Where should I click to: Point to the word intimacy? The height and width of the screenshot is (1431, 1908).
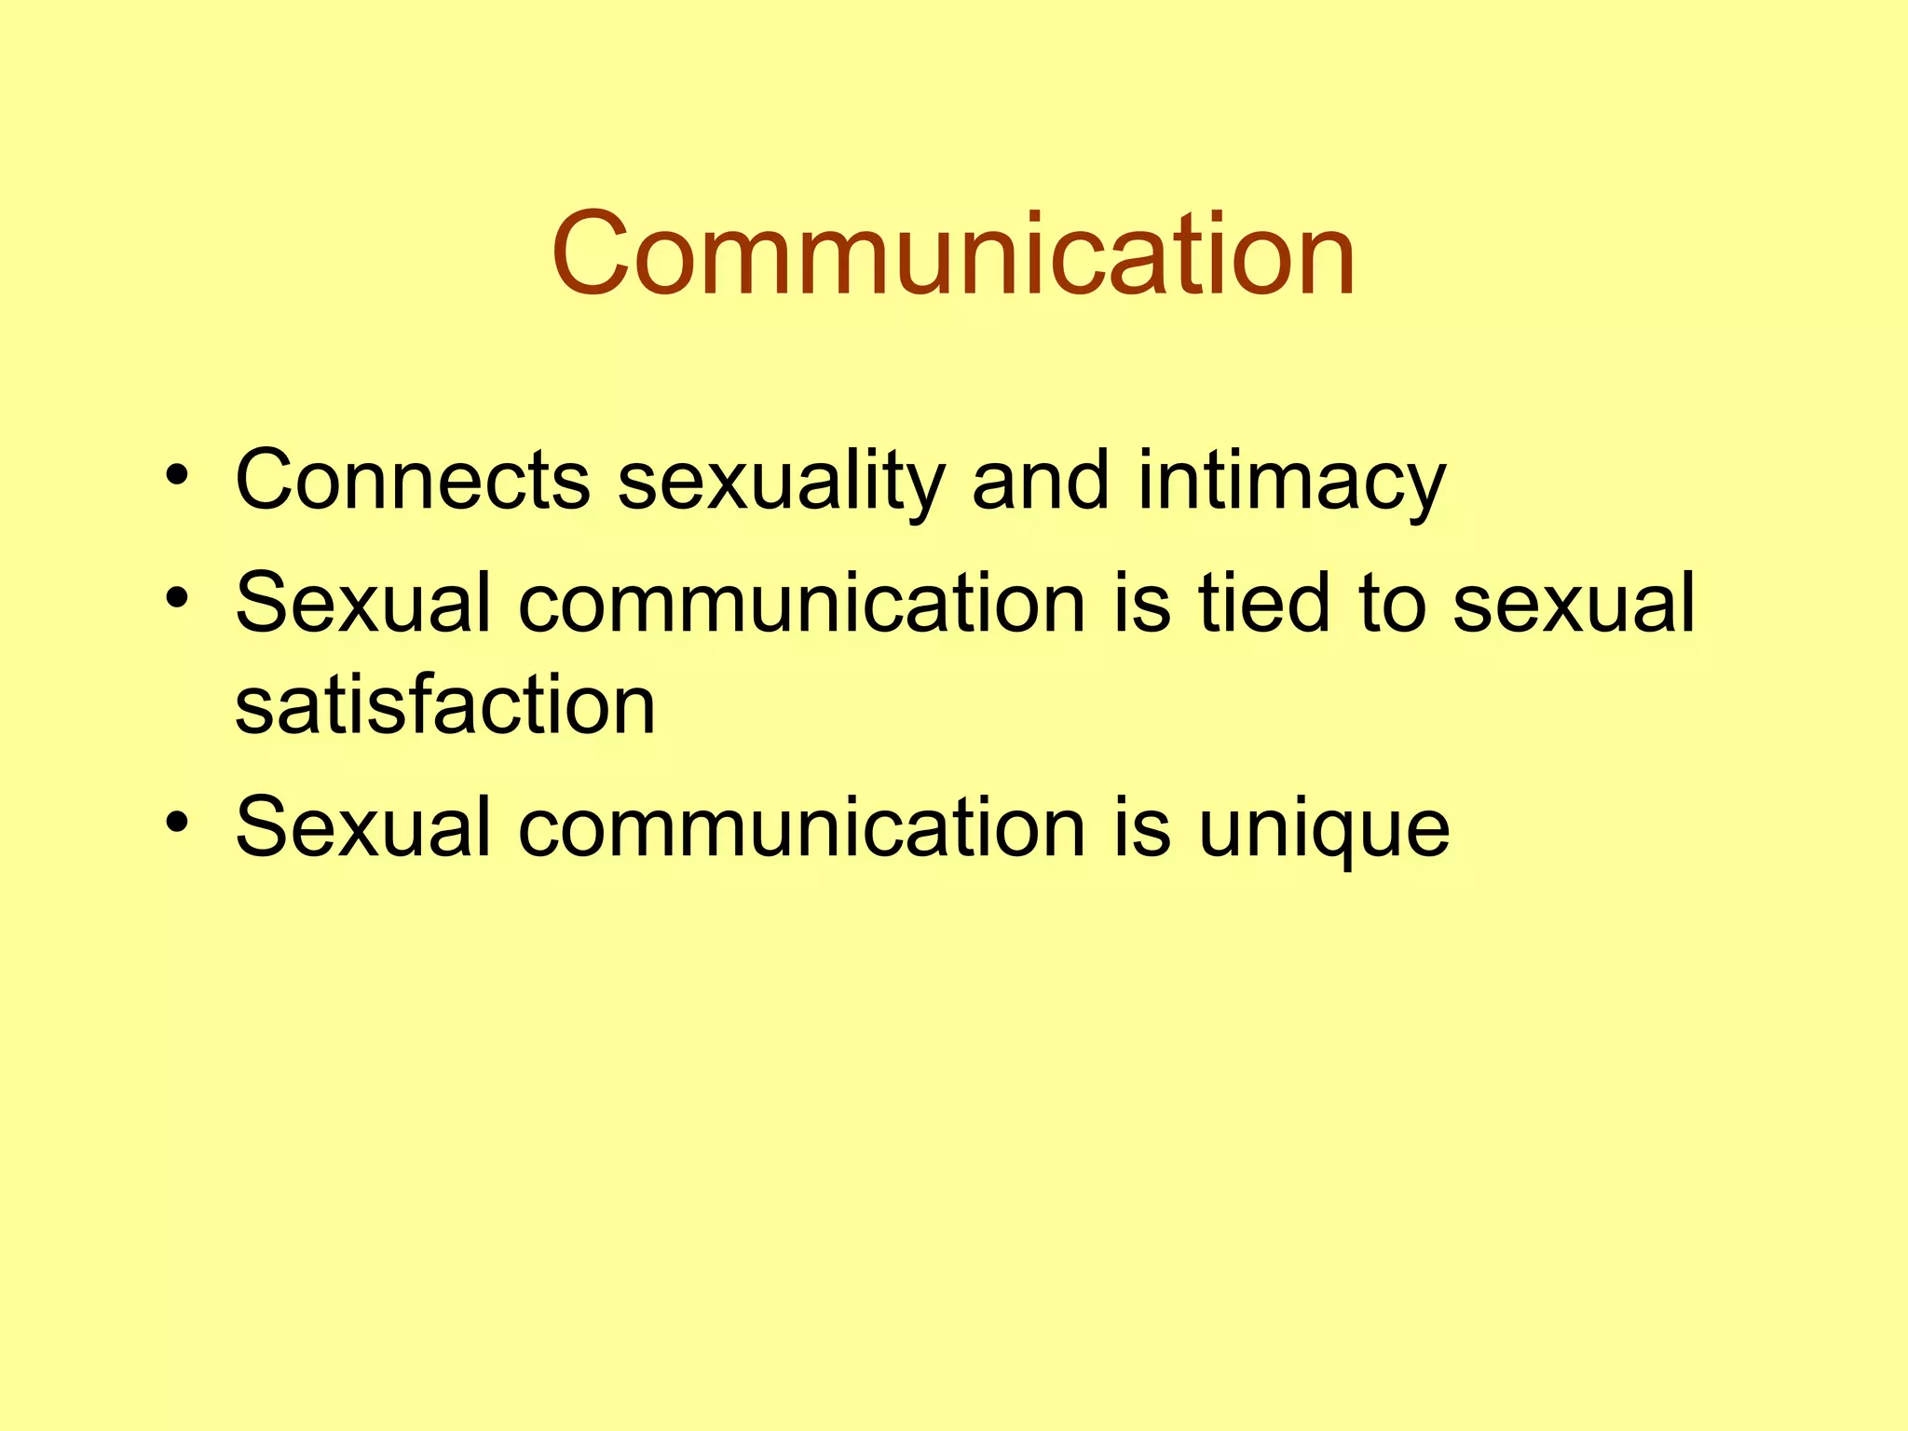point(1291,483)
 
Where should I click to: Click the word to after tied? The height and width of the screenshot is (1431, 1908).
point(1392,604)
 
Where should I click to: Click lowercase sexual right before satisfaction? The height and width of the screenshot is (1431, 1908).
point(1574,604)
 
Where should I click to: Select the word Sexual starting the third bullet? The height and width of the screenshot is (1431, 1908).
point(362,826)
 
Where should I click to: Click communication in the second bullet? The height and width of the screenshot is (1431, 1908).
point(802,604)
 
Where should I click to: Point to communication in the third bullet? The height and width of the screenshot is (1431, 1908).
point(802,828)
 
